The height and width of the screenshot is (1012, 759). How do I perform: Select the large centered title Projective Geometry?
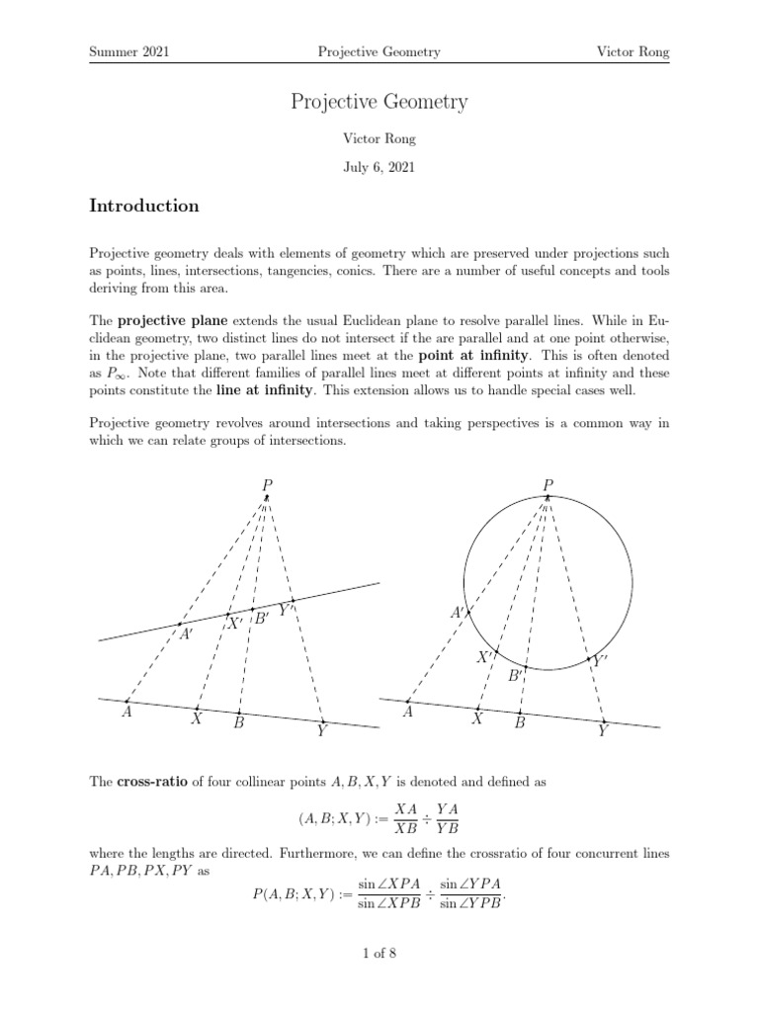tap(379, 102)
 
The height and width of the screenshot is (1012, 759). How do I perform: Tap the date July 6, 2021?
tap(379, 167)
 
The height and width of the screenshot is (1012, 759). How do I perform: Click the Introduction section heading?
tap(144, 207)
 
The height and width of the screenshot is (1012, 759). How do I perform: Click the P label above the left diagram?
tap(267, 483)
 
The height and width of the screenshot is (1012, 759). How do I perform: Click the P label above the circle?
tap(548, 483)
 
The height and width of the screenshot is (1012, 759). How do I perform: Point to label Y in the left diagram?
tap(321, 732)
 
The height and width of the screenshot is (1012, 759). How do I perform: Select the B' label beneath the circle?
tap(516, 677)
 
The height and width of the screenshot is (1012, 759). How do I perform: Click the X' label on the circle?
tap(485, 657)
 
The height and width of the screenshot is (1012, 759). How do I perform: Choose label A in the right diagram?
tap(407, 713)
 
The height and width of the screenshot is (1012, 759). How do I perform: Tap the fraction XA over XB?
tap(404, 818)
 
